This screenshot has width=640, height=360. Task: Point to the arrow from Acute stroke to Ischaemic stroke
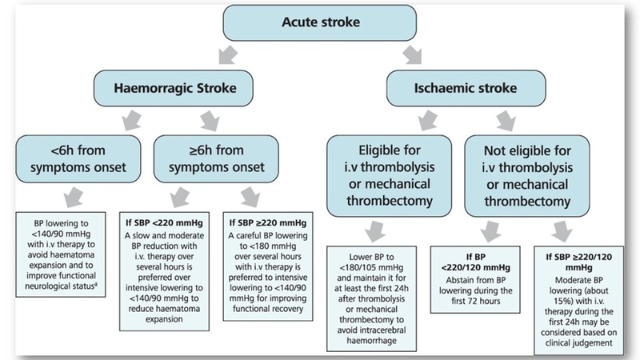(x=413, y=54)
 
